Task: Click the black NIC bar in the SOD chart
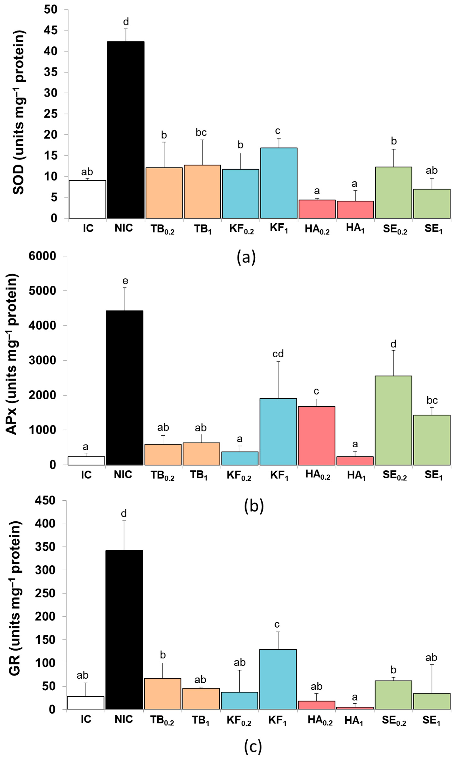pyautogui.click(x=126, y=130)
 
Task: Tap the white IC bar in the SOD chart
pyautogui.click(x=87, y=199)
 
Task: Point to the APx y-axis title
pyautogui.click(x=12, y=354)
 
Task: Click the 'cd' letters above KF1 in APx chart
pyautogui.click(x=278, y=354)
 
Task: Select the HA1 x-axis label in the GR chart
pyautogui.click(x=353, y=721)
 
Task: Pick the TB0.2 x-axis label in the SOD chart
pyautogui.click(x=162, y=229)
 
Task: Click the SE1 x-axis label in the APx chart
pyautogui.click(x=433, y=475)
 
